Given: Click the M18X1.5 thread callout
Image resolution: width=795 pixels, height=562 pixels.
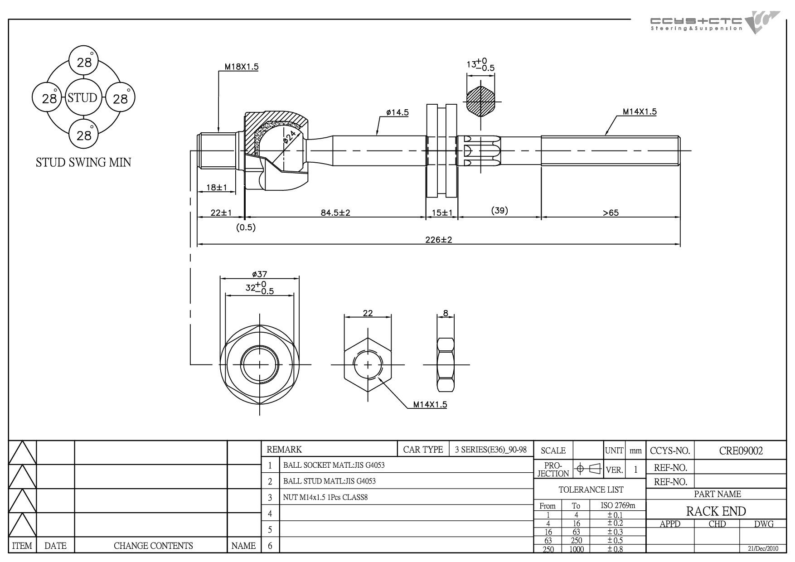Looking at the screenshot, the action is [x=242, y=67].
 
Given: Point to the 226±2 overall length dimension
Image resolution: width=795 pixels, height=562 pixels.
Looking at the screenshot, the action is [x=438, y=240].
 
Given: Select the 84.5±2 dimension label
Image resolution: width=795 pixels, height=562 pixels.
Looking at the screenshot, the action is [x=335, y=213].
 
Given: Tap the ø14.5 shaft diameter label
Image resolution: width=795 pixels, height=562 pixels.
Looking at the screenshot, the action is [x=397, y=112].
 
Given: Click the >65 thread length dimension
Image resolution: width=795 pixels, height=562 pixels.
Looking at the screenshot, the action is [x=611, y=213].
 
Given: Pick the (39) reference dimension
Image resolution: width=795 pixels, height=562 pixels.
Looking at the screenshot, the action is [x=499, y=211].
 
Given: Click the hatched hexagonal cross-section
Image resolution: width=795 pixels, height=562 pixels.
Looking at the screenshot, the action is [x=480, y=101].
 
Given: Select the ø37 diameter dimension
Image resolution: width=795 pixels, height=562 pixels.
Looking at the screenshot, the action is [x=259, y=274].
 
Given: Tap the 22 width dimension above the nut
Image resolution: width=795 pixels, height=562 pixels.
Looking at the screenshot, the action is [x=368, y=313].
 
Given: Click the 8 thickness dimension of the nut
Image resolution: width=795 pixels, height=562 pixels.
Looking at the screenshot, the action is [x=446, y=313].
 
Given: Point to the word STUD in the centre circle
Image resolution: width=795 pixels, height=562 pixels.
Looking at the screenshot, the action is [x=82, y=97].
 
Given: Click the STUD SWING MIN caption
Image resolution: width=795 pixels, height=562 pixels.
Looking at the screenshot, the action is [x=83, y=162].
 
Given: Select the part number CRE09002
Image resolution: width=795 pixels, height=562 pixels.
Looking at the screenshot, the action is [x=741, y=451].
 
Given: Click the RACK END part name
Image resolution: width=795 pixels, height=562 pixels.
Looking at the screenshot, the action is [x=716, y=511].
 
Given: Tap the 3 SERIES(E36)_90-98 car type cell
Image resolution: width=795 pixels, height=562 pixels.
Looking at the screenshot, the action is [x=491, y=450].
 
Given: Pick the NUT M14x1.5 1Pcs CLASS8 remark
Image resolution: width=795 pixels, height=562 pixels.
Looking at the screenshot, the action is [x=325, y=497].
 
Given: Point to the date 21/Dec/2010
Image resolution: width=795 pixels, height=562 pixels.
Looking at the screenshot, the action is [x=763, y=548].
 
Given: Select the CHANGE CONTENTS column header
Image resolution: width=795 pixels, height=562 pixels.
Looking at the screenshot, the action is [x=153, y=546].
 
